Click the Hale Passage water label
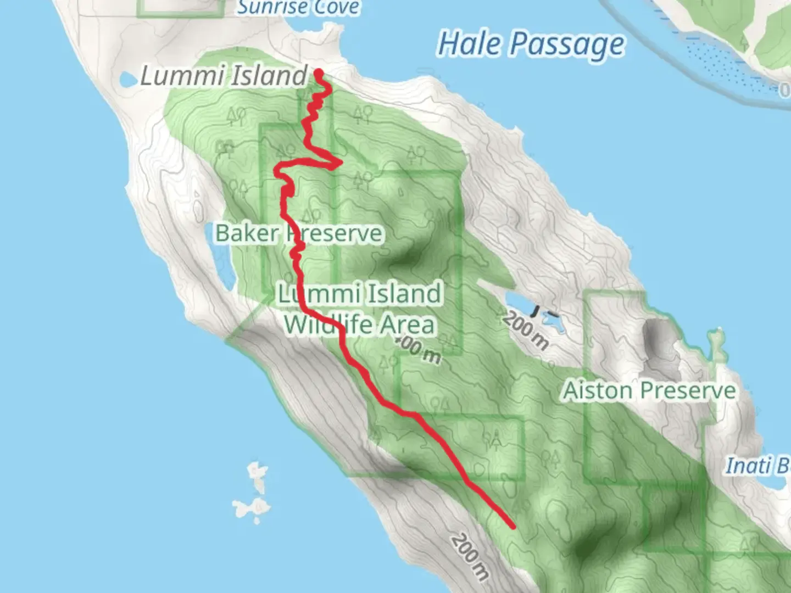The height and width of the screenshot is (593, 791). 531,44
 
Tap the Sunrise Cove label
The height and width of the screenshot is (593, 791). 298,8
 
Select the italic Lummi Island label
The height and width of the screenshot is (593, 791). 223,76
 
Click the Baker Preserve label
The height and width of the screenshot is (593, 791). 298,233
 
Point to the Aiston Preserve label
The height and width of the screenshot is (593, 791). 649,391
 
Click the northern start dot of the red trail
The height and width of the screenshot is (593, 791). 318,72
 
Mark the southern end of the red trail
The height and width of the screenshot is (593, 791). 513,526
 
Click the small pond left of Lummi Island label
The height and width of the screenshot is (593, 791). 128,80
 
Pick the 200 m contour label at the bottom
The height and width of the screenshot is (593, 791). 470,556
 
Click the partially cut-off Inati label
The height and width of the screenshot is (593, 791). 757,466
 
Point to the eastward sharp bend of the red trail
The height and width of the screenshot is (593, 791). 341,162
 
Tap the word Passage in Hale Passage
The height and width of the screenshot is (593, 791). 567,44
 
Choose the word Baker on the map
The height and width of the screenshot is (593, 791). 247,233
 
